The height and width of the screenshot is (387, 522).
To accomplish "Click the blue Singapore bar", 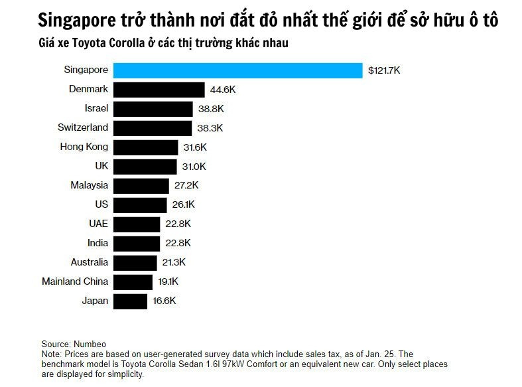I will (238, 70).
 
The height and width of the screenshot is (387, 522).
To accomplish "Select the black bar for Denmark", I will (159, 90).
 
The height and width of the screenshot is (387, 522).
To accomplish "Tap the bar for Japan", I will (130, 301).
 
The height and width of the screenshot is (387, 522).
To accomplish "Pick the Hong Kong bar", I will (146, 147).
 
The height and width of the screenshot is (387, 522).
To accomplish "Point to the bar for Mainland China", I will (133, 281).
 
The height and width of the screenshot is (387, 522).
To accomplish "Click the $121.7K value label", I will (385, 70).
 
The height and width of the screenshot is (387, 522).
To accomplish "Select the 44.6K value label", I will (222, 90).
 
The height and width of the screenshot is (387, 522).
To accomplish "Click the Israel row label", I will (96, 108).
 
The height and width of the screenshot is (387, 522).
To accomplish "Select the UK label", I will (101, 166).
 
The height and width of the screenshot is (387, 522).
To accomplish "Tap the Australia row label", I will (89, 262).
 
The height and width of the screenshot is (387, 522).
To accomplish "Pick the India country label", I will (98, 243).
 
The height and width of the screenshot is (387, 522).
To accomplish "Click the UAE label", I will (98, 224).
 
